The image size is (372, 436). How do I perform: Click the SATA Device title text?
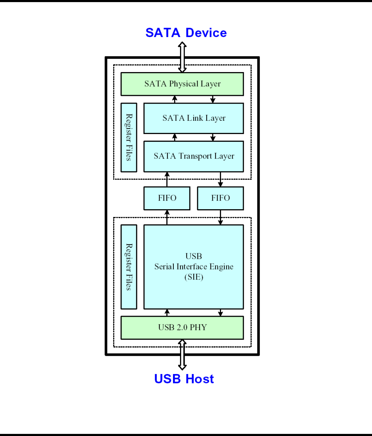186,33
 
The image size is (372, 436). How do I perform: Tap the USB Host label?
184,379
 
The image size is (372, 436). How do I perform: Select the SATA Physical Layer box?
182,84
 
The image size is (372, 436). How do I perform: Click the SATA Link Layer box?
194,118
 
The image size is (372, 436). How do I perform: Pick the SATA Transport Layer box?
194,156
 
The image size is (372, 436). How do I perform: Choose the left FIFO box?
167,198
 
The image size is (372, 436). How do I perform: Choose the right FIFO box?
220,198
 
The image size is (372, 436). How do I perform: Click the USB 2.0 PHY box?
182,328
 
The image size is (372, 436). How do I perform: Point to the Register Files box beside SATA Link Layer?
129,137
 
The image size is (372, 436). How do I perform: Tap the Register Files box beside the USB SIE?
129,267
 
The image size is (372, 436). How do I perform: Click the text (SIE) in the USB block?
194,277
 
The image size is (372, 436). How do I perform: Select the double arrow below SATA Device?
182,57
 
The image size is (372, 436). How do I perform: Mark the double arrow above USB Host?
182,354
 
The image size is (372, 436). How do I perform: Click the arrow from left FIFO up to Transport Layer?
167,179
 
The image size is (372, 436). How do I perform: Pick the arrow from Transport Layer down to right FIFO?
220,179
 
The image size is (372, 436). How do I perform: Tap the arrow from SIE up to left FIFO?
167,217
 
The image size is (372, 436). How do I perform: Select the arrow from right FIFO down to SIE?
220,217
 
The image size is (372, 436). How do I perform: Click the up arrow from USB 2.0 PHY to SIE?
167,312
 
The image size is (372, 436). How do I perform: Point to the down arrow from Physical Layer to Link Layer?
213,99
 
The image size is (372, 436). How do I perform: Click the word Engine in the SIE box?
221,267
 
